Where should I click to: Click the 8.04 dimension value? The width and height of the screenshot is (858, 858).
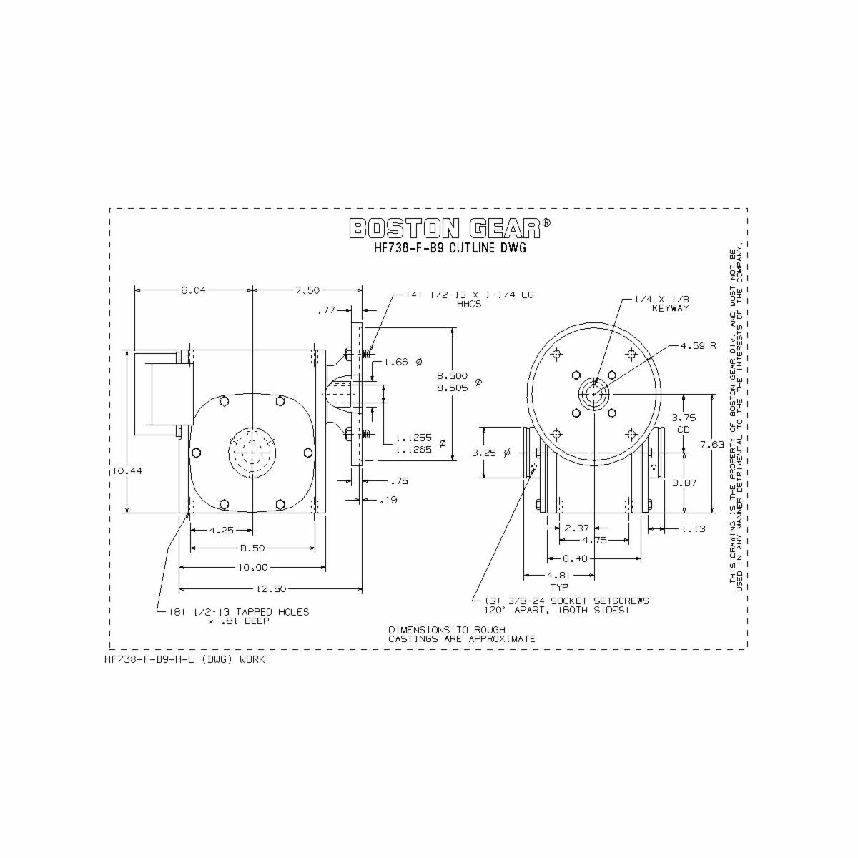pos(192,290)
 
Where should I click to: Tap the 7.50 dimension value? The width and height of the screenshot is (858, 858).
pos(307,290)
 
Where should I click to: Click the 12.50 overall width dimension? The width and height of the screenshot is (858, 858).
pos(271,588)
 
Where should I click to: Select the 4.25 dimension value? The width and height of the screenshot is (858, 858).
pos(222,530)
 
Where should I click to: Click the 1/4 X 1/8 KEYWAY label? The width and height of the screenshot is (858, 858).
pos(662,304)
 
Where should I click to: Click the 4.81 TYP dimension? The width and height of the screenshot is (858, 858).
pos(558,580)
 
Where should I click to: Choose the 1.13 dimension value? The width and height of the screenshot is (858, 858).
pos(693,528)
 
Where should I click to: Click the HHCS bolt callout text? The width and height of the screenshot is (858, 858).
pos(470,299)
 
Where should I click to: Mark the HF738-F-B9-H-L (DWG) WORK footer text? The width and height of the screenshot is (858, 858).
pos(184,659)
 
